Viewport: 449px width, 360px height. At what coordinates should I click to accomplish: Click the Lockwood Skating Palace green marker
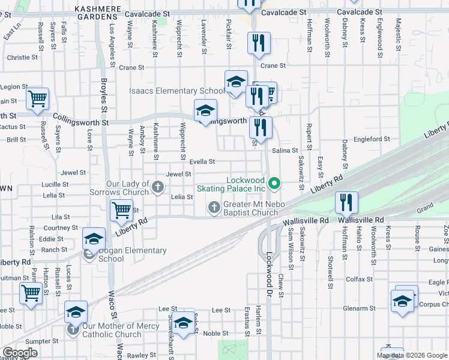pyautogui.click(x=274, y=184)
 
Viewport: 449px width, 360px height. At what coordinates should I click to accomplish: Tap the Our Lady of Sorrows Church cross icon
pyautogui.click(x=157, y=187)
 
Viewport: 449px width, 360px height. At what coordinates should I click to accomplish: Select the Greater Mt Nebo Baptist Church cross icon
pyautogui.click(x=214, y=208)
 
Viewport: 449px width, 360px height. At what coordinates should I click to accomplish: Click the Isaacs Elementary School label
pyautogui.click(x=177, y=91)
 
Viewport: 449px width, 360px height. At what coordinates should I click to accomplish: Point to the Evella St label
pyautogui.click(x=202, y=161)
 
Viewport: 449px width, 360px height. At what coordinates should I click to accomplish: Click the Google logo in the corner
pyautogui.click(x=20, y=353)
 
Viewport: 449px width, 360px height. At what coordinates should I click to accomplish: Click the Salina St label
pyautogui.click(x=285, y=151)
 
